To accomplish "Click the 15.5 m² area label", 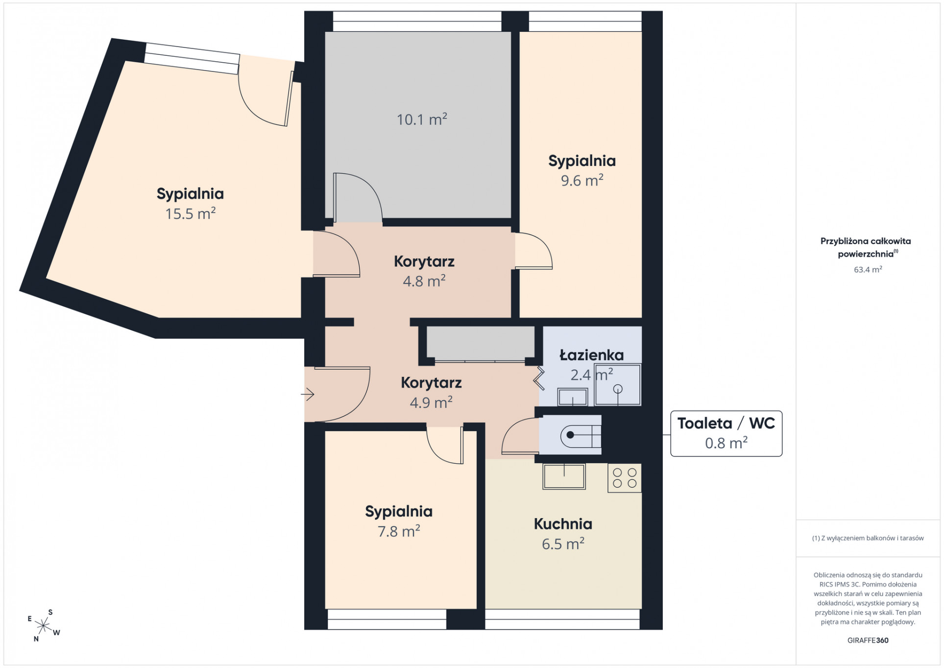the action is pos(191,214).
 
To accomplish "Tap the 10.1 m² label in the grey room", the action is pos(422,119).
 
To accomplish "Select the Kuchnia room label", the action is pos(563,524).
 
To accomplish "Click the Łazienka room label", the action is pos(592,355).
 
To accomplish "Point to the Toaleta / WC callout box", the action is pos(726,433).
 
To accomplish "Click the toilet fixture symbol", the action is pos(581,434).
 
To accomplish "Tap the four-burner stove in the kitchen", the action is pos(625,478).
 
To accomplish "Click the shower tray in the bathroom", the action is pos(618,384).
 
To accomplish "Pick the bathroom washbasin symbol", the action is pos(573,397).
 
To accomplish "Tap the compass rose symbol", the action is pos(44,625).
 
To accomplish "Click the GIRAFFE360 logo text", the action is pos(868,640).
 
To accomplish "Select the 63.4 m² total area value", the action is pos(868,269).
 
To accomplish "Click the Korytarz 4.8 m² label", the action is pos(424,271).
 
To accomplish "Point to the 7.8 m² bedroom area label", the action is pos(399,531).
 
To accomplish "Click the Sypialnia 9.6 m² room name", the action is pos(582,161).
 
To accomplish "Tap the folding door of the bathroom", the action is pos(539,378).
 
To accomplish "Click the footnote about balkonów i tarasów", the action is pos(868,538).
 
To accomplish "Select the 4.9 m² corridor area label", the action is pos(431,403).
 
